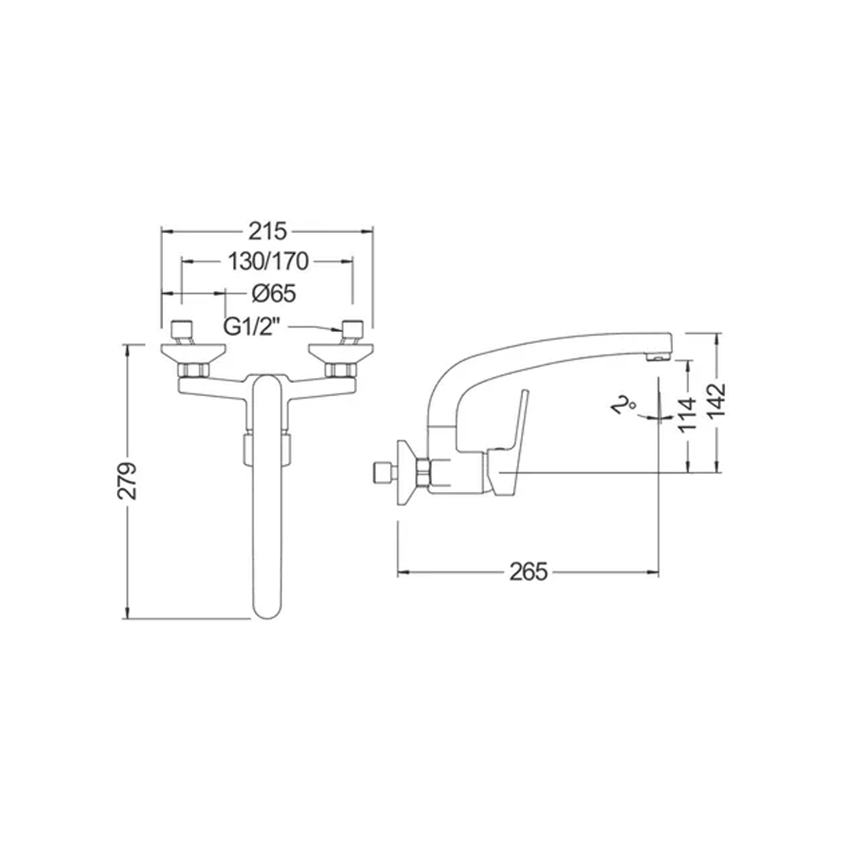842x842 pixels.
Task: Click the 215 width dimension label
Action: (x=268, y=232)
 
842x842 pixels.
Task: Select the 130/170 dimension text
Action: (x=268, y=262)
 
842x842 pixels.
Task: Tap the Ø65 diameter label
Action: (x=274, y=293)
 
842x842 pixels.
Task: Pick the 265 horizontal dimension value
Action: (x=529, y=572)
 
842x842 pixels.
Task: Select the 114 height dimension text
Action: (x=688, y=414)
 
